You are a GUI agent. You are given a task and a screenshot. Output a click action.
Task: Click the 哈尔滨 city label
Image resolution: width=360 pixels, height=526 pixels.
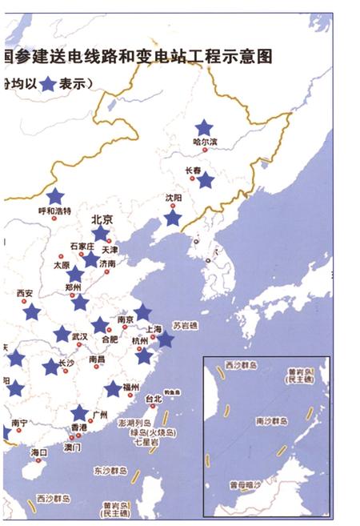click(206, 143)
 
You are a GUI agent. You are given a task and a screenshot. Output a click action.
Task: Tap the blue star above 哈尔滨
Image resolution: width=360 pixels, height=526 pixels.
click(204, 126)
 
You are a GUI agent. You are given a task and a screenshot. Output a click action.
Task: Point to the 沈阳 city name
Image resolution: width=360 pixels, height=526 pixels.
click(174, 196)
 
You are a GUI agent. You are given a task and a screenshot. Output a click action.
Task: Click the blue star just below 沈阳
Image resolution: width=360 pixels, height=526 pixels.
click(173, 217)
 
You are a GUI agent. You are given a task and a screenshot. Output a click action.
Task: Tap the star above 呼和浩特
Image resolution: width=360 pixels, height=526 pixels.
click(54, 196)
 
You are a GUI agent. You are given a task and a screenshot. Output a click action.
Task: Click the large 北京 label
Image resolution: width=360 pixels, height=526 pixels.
click(102, 219)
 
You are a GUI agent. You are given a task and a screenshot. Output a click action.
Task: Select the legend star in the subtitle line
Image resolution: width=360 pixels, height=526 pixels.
click(50, 82)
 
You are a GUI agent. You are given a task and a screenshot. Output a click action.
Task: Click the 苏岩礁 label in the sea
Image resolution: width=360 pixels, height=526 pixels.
click(187, 324)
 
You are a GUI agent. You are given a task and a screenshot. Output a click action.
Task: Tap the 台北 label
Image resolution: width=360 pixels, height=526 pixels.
click(154, 398)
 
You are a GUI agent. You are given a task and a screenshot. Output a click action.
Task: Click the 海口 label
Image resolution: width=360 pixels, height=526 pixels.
click(39, 452)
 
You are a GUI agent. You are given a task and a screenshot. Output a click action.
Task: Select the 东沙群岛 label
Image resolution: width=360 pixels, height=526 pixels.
click(110, 471)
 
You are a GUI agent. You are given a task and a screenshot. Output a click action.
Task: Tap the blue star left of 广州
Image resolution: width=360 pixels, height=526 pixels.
click(79, 413)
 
